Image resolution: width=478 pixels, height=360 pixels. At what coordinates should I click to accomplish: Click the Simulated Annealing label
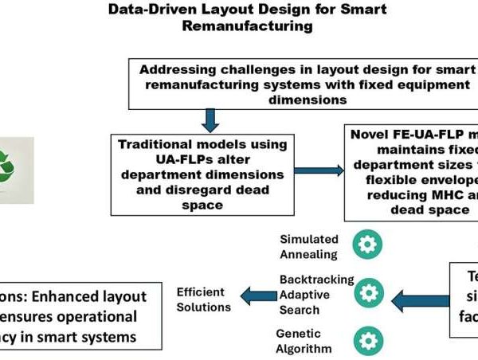point(309,246)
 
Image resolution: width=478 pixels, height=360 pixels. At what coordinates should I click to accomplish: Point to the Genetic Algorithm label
point(304,341)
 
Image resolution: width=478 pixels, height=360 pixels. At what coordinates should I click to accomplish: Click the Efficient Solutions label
point(203,299)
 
